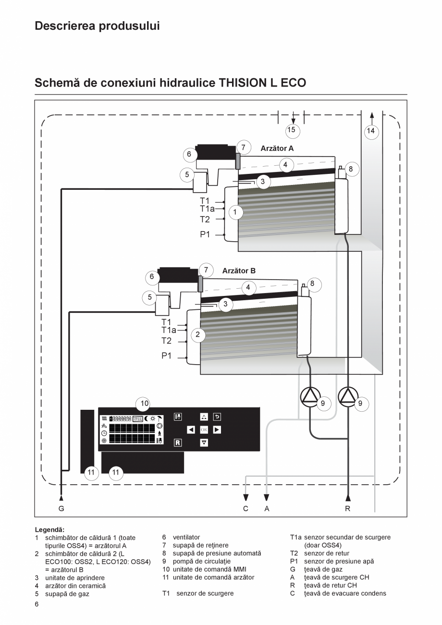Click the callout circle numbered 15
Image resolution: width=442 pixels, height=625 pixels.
click(291, 130)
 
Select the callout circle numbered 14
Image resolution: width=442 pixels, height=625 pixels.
click(371, 130)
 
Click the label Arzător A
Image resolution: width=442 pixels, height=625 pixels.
click(277, 148)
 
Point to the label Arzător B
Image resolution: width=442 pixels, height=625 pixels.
click(239, 271)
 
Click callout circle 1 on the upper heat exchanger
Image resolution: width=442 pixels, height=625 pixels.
click(235, 211)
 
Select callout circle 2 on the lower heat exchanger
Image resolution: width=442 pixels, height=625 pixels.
click(197, 335)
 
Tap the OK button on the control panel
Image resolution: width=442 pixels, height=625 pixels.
click(204, 429)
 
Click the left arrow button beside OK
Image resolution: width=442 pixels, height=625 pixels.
click(191, 429)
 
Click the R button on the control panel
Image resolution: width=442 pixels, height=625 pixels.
click(177, 442)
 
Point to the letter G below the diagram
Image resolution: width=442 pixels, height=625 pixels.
click(61, 508)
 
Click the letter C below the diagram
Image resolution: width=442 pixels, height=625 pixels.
click(246, 508)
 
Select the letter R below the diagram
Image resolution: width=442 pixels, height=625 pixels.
click(348, 508)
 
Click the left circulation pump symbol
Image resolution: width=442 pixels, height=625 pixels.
click(310, 396)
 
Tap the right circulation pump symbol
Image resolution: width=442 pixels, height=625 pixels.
click(348, 396)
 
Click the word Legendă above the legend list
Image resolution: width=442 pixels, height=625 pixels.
click(49, 529)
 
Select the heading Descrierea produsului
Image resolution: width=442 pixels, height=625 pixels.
click(97, 26)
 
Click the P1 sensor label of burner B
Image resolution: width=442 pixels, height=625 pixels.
click(166, 356)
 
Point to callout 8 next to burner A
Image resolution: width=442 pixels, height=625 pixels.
click(351, 169)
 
